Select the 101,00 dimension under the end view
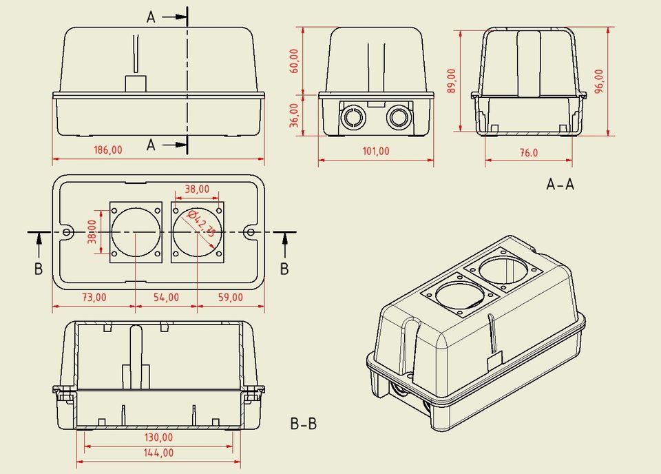tap(376, 152)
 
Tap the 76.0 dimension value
tap(529, 153)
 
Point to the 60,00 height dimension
tap(294, 61)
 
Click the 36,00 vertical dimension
tap(294, 114)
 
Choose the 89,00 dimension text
tap(452, 81)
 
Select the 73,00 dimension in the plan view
tap(94, 298)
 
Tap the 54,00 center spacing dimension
tap(166, 298)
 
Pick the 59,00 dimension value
tap(230, 298)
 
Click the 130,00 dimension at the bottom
tap(158, 437)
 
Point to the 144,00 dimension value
tap(158, 453)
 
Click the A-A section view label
tap(560, 184)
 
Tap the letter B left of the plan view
tap(39, 269)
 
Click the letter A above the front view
tap(151, 18)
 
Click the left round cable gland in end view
tap(353, 117)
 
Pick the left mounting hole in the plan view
tap(67, 233)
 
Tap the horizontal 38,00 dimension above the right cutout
tap(198, 188)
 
